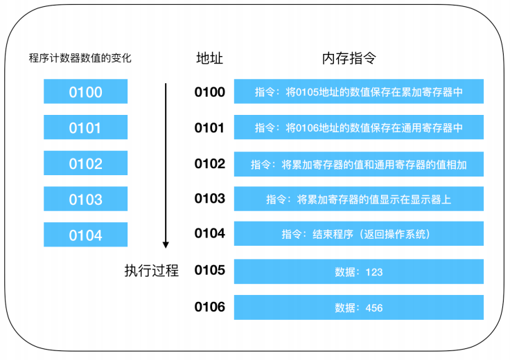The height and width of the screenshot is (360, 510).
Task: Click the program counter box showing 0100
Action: coord(85,91)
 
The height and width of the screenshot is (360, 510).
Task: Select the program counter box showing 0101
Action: coord(85,127)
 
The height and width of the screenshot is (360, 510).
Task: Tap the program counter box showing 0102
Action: coord(85,163)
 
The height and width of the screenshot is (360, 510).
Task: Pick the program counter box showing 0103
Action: coord(85,199)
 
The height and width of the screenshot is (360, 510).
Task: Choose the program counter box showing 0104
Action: coord(85,235)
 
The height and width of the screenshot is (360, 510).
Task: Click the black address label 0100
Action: coord(210,92)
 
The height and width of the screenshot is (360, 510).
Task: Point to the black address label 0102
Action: coord(210,164)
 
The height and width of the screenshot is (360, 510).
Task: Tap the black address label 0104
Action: coord(210,233)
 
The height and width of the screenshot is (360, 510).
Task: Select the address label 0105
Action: coord(210,270)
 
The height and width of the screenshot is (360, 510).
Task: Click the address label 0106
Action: coord(210,307)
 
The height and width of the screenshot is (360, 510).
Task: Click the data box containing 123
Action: coord(359,271)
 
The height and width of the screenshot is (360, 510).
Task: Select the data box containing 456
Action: coord(359,307)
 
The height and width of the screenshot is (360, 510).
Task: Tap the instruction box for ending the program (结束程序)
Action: coord(359,233)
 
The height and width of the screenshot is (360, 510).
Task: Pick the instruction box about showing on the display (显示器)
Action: coord(359,199)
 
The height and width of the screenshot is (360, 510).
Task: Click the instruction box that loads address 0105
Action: coord(359,91)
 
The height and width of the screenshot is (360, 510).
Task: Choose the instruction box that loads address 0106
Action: coord(359,127)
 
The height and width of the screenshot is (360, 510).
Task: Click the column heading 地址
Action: coord(210,58)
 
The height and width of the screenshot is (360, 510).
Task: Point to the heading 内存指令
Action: coord(349,58)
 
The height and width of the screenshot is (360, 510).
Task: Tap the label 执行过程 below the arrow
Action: coord(152,271)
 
